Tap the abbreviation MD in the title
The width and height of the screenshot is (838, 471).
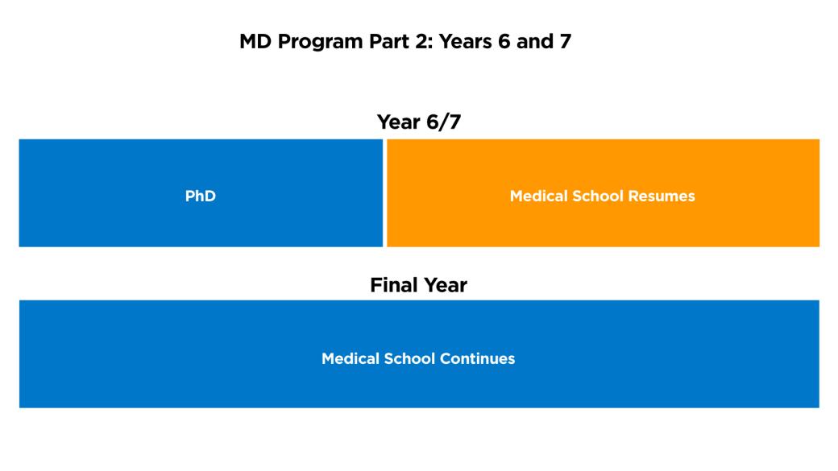(x=257, y=42)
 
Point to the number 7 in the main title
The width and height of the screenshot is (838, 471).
(x=565, y=42)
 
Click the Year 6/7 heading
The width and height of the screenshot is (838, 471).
(x=418, y=122)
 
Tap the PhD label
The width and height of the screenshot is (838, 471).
(x=201, y=196)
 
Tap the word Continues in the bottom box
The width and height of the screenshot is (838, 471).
(x=479, y=358)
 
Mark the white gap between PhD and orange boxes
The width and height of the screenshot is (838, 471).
(x=384, y=193)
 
